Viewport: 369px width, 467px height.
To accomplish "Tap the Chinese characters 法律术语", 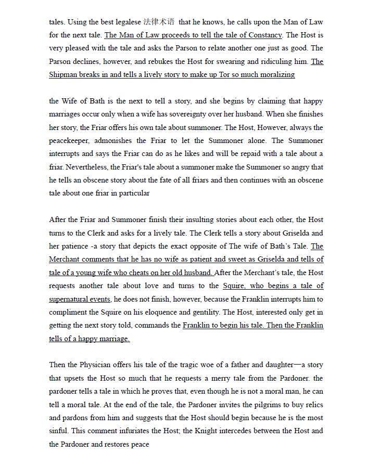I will [159, 22].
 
